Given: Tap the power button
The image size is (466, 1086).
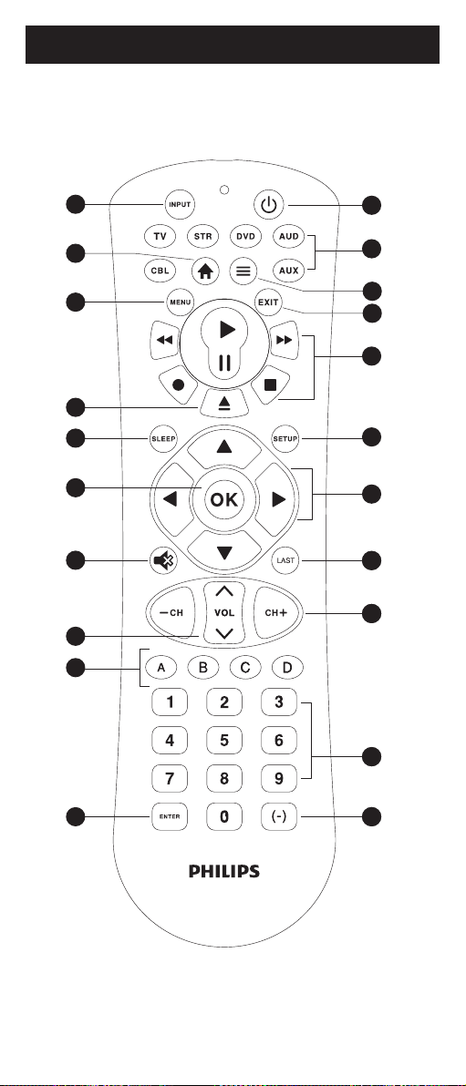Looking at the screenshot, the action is point(268,205).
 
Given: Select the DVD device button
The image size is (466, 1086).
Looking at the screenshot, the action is point(244,236).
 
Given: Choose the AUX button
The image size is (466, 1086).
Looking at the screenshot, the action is point(288,270).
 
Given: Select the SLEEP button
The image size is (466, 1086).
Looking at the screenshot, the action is point(163,439).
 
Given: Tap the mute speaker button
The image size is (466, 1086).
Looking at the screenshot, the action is point(163,561).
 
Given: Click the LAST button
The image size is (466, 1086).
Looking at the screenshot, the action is point(285,561).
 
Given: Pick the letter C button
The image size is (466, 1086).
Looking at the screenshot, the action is point(245,668).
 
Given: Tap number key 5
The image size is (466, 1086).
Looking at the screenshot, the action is point(224,741).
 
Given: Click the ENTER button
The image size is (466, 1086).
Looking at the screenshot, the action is point(170,816).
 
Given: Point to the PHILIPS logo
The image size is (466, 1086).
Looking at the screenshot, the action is point(224,871).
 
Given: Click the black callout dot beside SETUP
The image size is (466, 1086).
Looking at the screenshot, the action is point(372,437).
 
